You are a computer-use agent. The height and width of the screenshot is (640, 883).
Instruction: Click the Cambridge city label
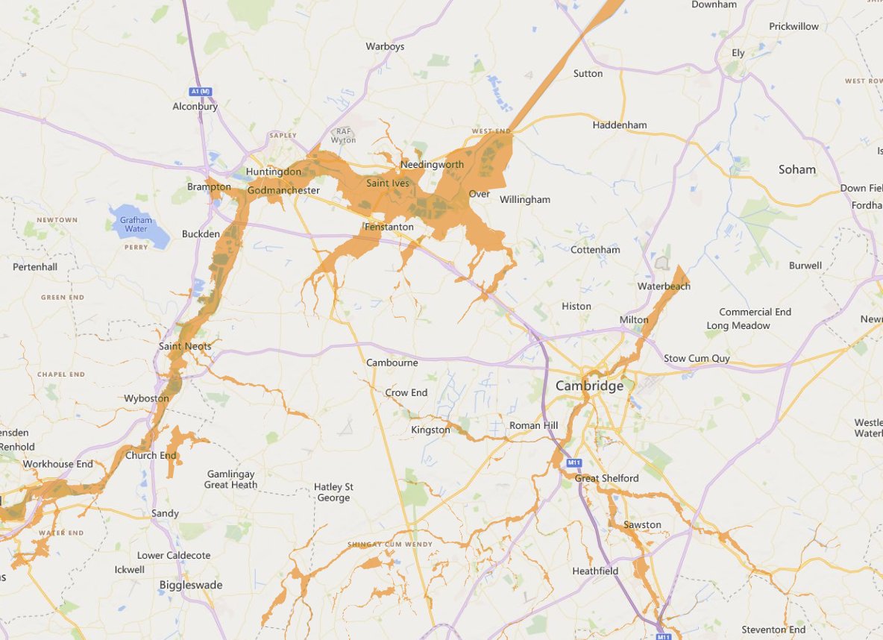coord(589,386)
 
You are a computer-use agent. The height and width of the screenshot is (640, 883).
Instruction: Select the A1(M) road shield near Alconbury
coord(201,91)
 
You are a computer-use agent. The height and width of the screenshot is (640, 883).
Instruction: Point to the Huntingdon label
coord(273,172)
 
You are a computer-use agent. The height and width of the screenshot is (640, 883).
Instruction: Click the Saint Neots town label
coord(185,346)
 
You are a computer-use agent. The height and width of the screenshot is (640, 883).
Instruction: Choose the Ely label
coord(738,53)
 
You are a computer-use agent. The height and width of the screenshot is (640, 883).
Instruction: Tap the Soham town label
coord(797,169)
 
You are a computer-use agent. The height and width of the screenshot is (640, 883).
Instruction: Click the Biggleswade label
coord(191,585)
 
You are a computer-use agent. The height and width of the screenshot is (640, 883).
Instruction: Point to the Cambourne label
coord(392,363)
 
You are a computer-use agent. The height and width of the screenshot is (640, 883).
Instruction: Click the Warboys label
coord(385,46)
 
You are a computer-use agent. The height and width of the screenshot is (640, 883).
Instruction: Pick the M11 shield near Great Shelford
coord(574,463)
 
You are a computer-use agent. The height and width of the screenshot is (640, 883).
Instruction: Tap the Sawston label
coord(642,524)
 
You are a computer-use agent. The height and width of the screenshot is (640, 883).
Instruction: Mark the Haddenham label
coord(620,125)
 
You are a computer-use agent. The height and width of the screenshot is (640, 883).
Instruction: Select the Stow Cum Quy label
coord(697,359)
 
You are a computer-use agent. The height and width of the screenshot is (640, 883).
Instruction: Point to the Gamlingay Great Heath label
coord(231,480)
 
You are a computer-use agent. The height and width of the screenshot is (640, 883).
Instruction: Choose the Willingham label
coord(525,199)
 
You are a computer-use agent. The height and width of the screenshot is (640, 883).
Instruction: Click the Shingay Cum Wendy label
coord(389,545)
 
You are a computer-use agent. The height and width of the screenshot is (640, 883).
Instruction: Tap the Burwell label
coord(805,266)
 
